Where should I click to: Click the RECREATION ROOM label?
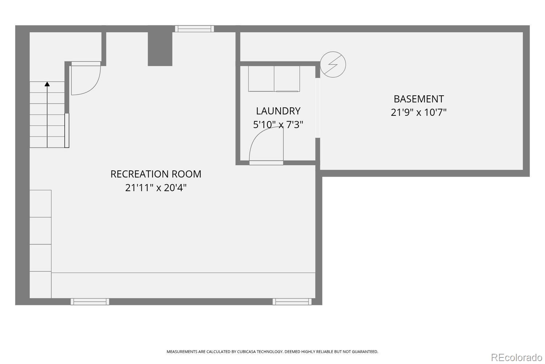click(x=156, y=174)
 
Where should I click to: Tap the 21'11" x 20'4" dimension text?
click(x=156, y=188)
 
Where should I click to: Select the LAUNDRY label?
click(x=278, y=111)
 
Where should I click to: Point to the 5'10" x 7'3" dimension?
click(x=278, y=125)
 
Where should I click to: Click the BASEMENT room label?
click(x=419, y=99)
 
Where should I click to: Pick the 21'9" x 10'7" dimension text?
click(x=419, y=112)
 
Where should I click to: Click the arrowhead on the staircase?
click(x=47, y=84)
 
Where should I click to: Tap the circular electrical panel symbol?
click(x=333, y=65)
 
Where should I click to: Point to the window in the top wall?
click(x=194, y=29)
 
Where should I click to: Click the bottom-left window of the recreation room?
click(x=90, y=301)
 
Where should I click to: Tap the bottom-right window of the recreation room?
click(x=292, y=301)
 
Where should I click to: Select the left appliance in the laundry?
click(x=261, y=79)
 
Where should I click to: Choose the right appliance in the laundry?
click(x=287, y=79)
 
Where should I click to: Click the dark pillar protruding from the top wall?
click(x=160, y=49)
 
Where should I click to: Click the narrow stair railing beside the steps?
click(x=67, y=130)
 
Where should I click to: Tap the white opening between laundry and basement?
click(x=318, y=107)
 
